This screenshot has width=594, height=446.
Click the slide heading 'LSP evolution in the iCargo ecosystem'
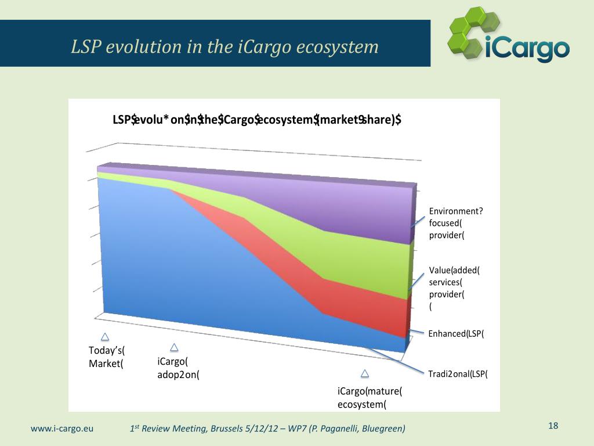[224, 46]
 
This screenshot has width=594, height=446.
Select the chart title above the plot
[257, 120]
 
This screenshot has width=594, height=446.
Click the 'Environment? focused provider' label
[456, 223]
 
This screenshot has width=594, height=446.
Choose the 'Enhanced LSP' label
[455, 333]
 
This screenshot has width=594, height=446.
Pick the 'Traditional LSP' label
[458, 373]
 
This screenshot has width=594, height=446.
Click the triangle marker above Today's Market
[105, 337]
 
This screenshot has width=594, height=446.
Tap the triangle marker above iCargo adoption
[174, 347]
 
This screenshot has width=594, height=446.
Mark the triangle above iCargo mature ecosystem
[364, 373]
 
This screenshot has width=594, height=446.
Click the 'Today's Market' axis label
[107, 357]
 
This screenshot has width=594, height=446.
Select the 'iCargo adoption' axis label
[178, 368]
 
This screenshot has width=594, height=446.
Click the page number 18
[553, 426]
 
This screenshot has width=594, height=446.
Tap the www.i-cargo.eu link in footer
[61, 429]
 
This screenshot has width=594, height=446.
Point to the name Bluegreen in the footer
[383, 429]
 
